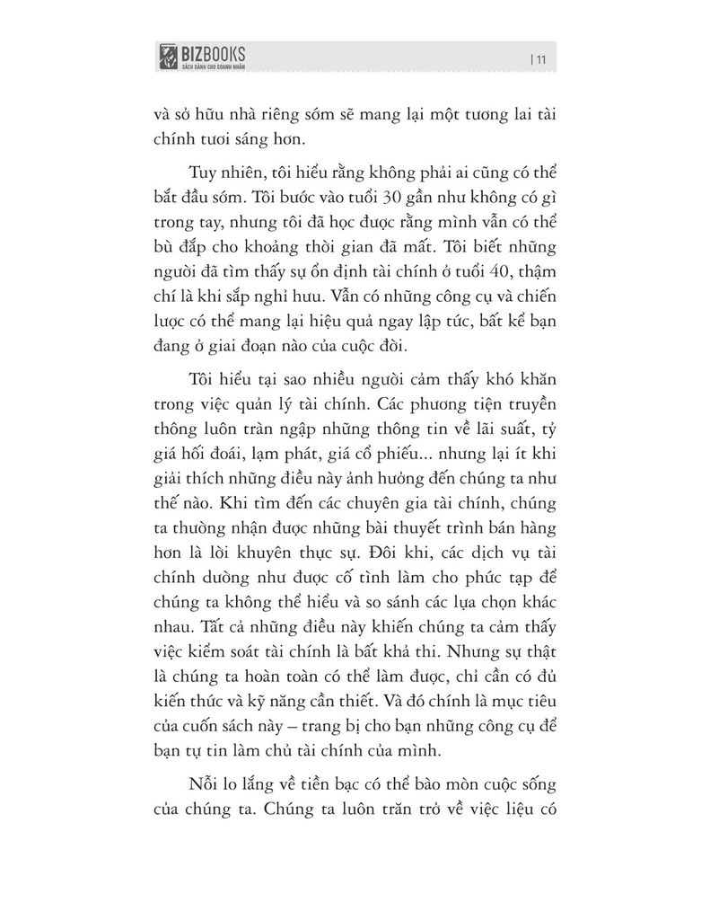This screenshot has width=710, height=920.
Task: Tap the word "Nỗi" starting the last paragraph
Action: (x=206, y=781)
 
